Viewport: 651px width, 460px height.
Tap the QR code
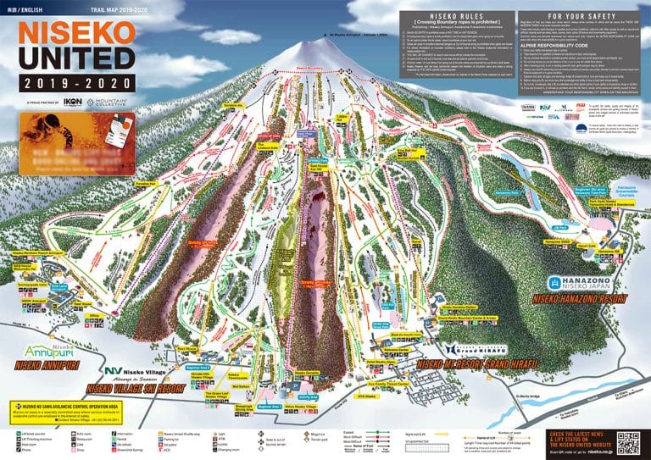628,441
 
